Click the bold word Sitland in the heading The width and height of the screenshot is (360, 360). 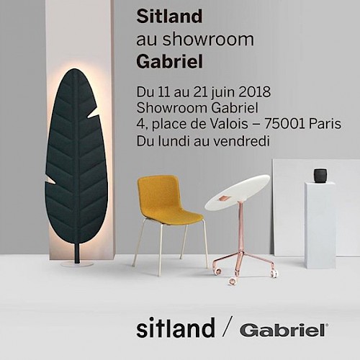pyautogui.click(x=169, y=17)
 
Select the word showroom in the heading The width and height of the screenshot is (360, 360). pyautogui.click(x=208, y=39)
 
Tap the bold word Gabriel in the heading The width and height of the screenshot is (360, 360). pyautogui.click(x=170, y=62)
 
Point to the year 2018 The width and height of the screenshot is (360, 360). pyautogui.click(x=254, y=92)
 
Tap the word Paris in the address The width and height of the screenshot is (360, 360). pyautogui.click(x=325, y=124)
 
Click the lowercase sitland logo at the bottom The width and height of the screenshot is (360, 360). pyautogui.click(x=176, y=328)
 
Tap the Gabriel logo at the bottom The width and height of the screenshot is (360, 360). pyautogui.click(x=284, y=330)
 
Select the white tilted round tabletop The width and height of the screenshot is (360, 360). pyautogui.click(x=238, y=193)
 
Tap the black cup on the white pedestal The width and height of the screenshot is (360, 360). pyautogui.click(x=320, y=176)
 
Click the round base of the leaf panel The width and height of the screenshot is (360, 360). pyautogui.click(x=77, y=264)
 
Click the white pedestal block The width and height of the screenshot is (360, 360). pyautogui.click(x=320, y=225)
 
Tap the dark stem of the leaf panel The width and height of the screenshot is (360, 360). pyautogui.click(x=77, y=253)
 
